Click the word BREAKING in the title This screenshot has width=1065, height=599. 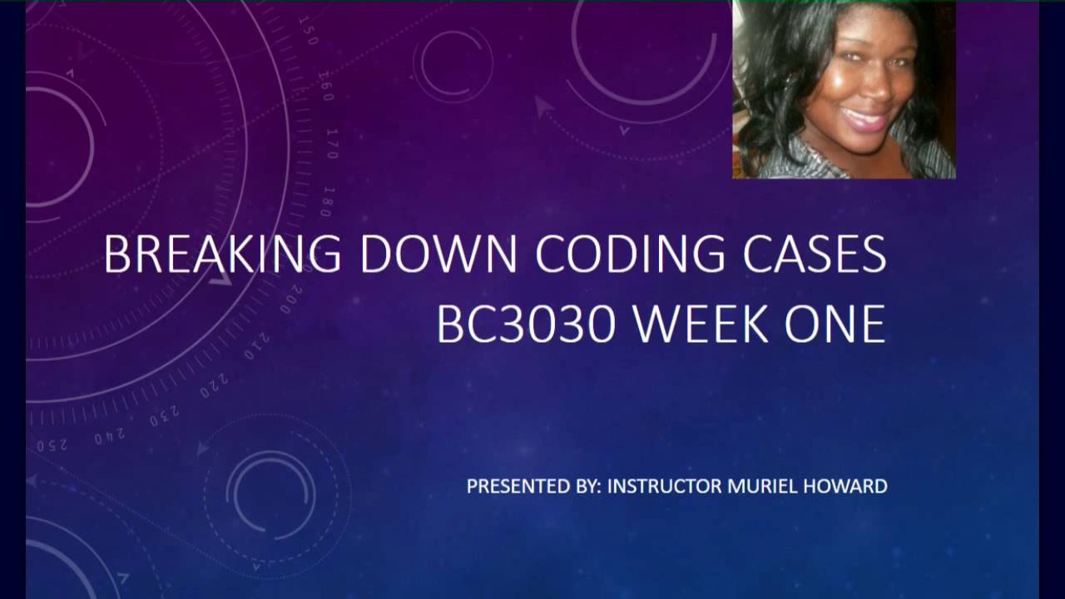pos(222,255)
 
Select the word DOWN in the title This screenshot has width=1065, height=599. pos(438,255)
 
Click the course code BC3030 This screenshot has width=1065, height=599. pos(525,324)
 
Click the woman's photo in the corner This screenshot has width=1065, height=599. pos(844,89)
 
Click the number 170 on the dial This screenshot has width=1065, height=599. pos(332,144)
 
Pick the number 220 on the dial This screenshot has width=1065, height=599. pos(214,385)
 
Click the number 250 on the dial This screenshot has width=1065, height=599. pos(52,445)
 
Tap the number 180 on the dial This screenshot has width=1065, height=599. pos(327,202)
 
